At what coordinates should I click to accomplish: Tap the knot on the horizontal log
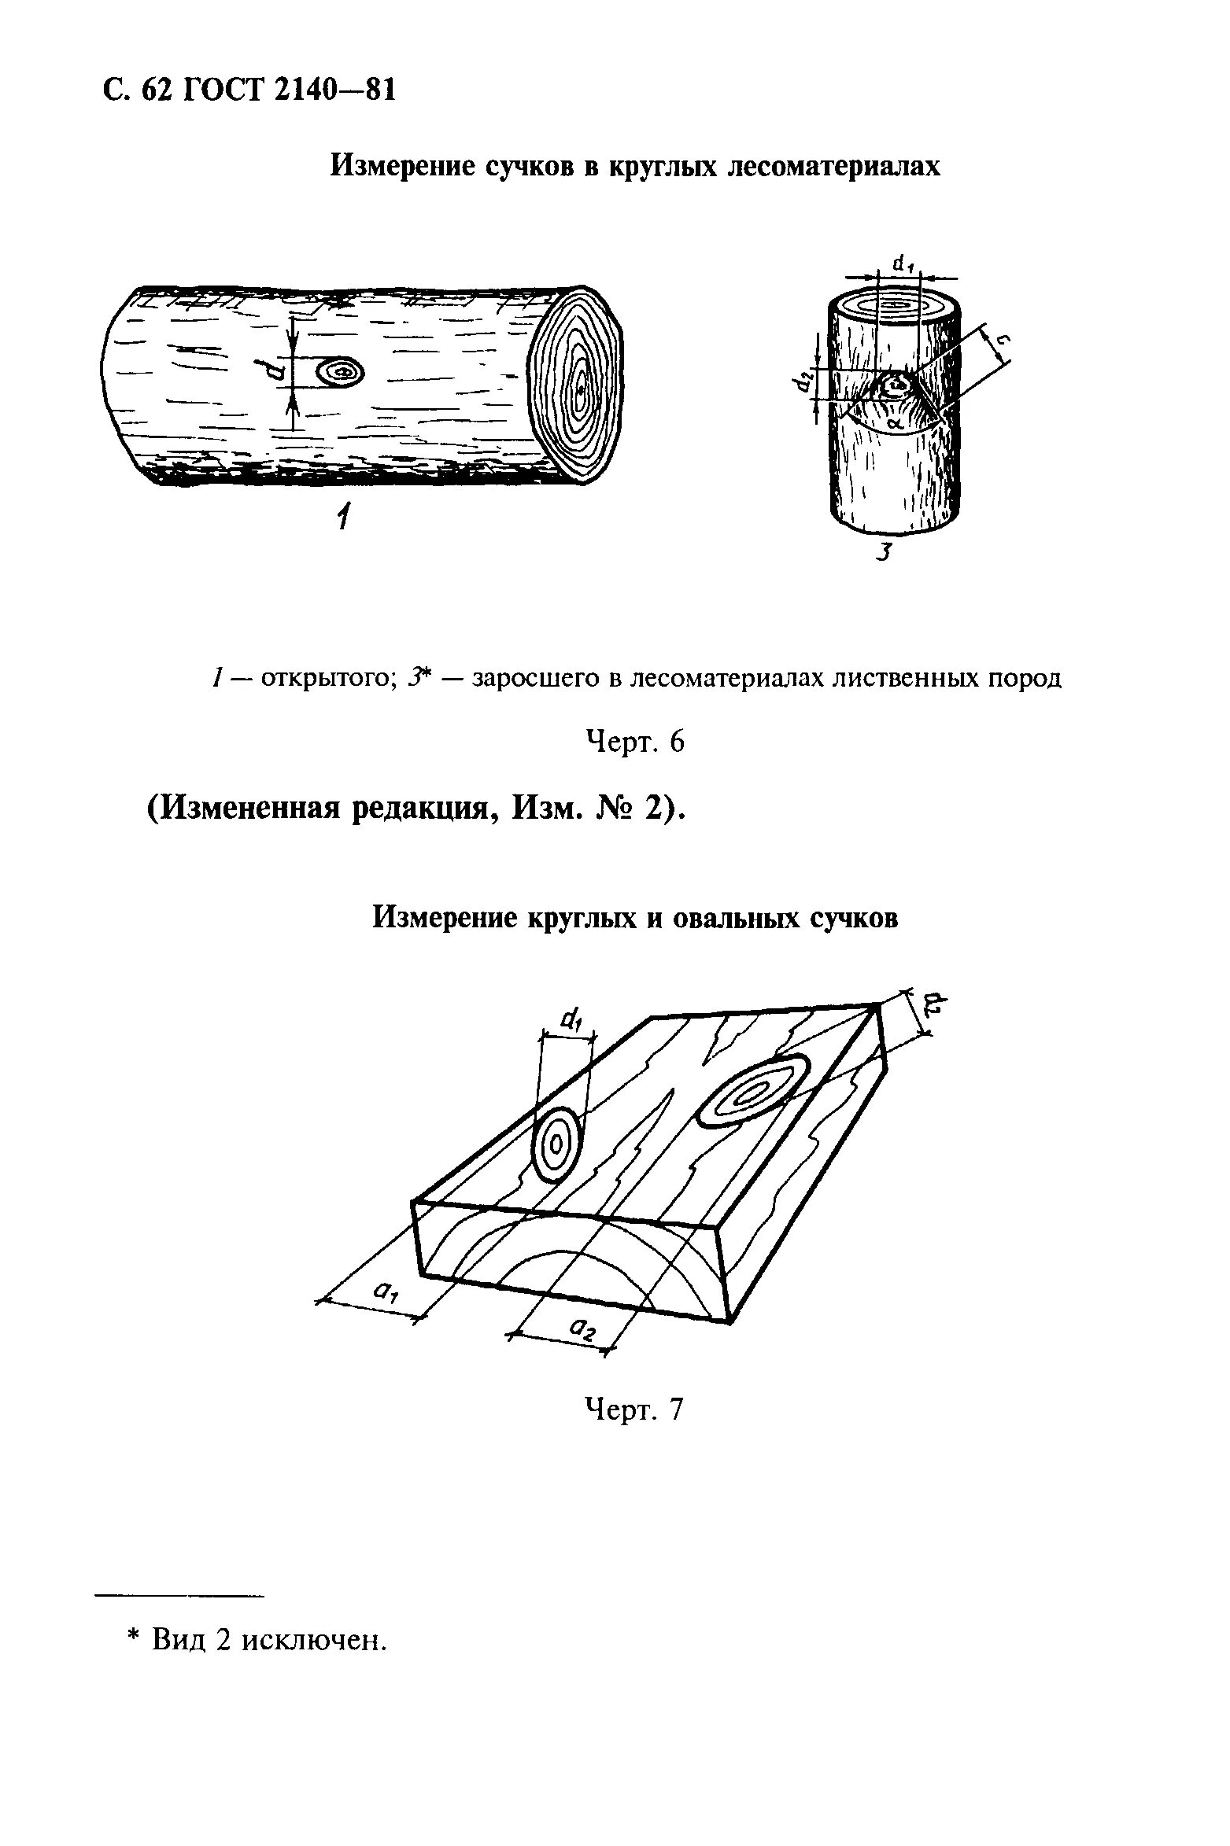[341, 371]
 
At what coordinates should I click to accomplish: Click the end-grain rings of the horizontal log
[578, 385]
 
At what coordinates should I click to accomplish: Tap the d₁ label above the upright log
[901, 265]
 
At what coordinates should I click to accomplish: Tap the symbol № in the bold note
[610, 809]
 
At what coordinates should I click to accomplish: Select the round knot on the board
[557, 1145]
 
